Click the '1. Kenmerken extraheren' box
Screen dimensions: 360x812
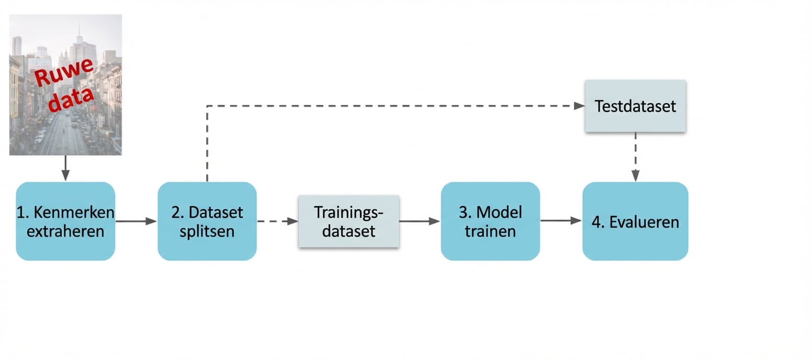(65, 221)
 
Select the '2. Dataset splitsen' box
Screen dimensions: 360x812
(207, 221)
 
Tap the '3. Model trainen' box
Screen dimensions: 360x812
(490, 221)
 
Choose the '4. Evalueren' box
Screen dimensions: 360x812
(635, 221)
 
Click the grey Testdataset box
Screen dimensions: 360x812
(635, 106)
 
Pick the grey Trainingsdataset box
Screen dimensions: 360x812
(348, 221)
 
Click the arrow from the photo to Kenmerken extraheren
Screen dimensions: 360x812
(65, 168)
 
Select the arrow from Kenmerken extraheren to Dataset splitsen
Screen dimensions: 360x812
(136, 221)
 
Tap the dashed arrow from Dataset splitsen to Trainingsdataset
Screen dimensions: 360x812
(277, 221)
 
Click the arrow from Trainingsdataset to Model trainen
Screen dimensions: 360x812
(420, 221)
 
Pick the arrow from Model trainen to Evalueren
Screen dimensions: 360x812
(561, 221)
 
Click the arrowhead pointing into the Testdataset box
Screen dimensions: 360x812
(579, 106)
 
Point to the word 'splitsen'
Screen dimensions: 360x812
(207, 231)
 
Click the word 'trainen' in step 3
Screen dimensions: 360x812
(490, 231)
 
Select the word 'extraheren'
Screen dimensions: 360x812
(65, 231)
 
